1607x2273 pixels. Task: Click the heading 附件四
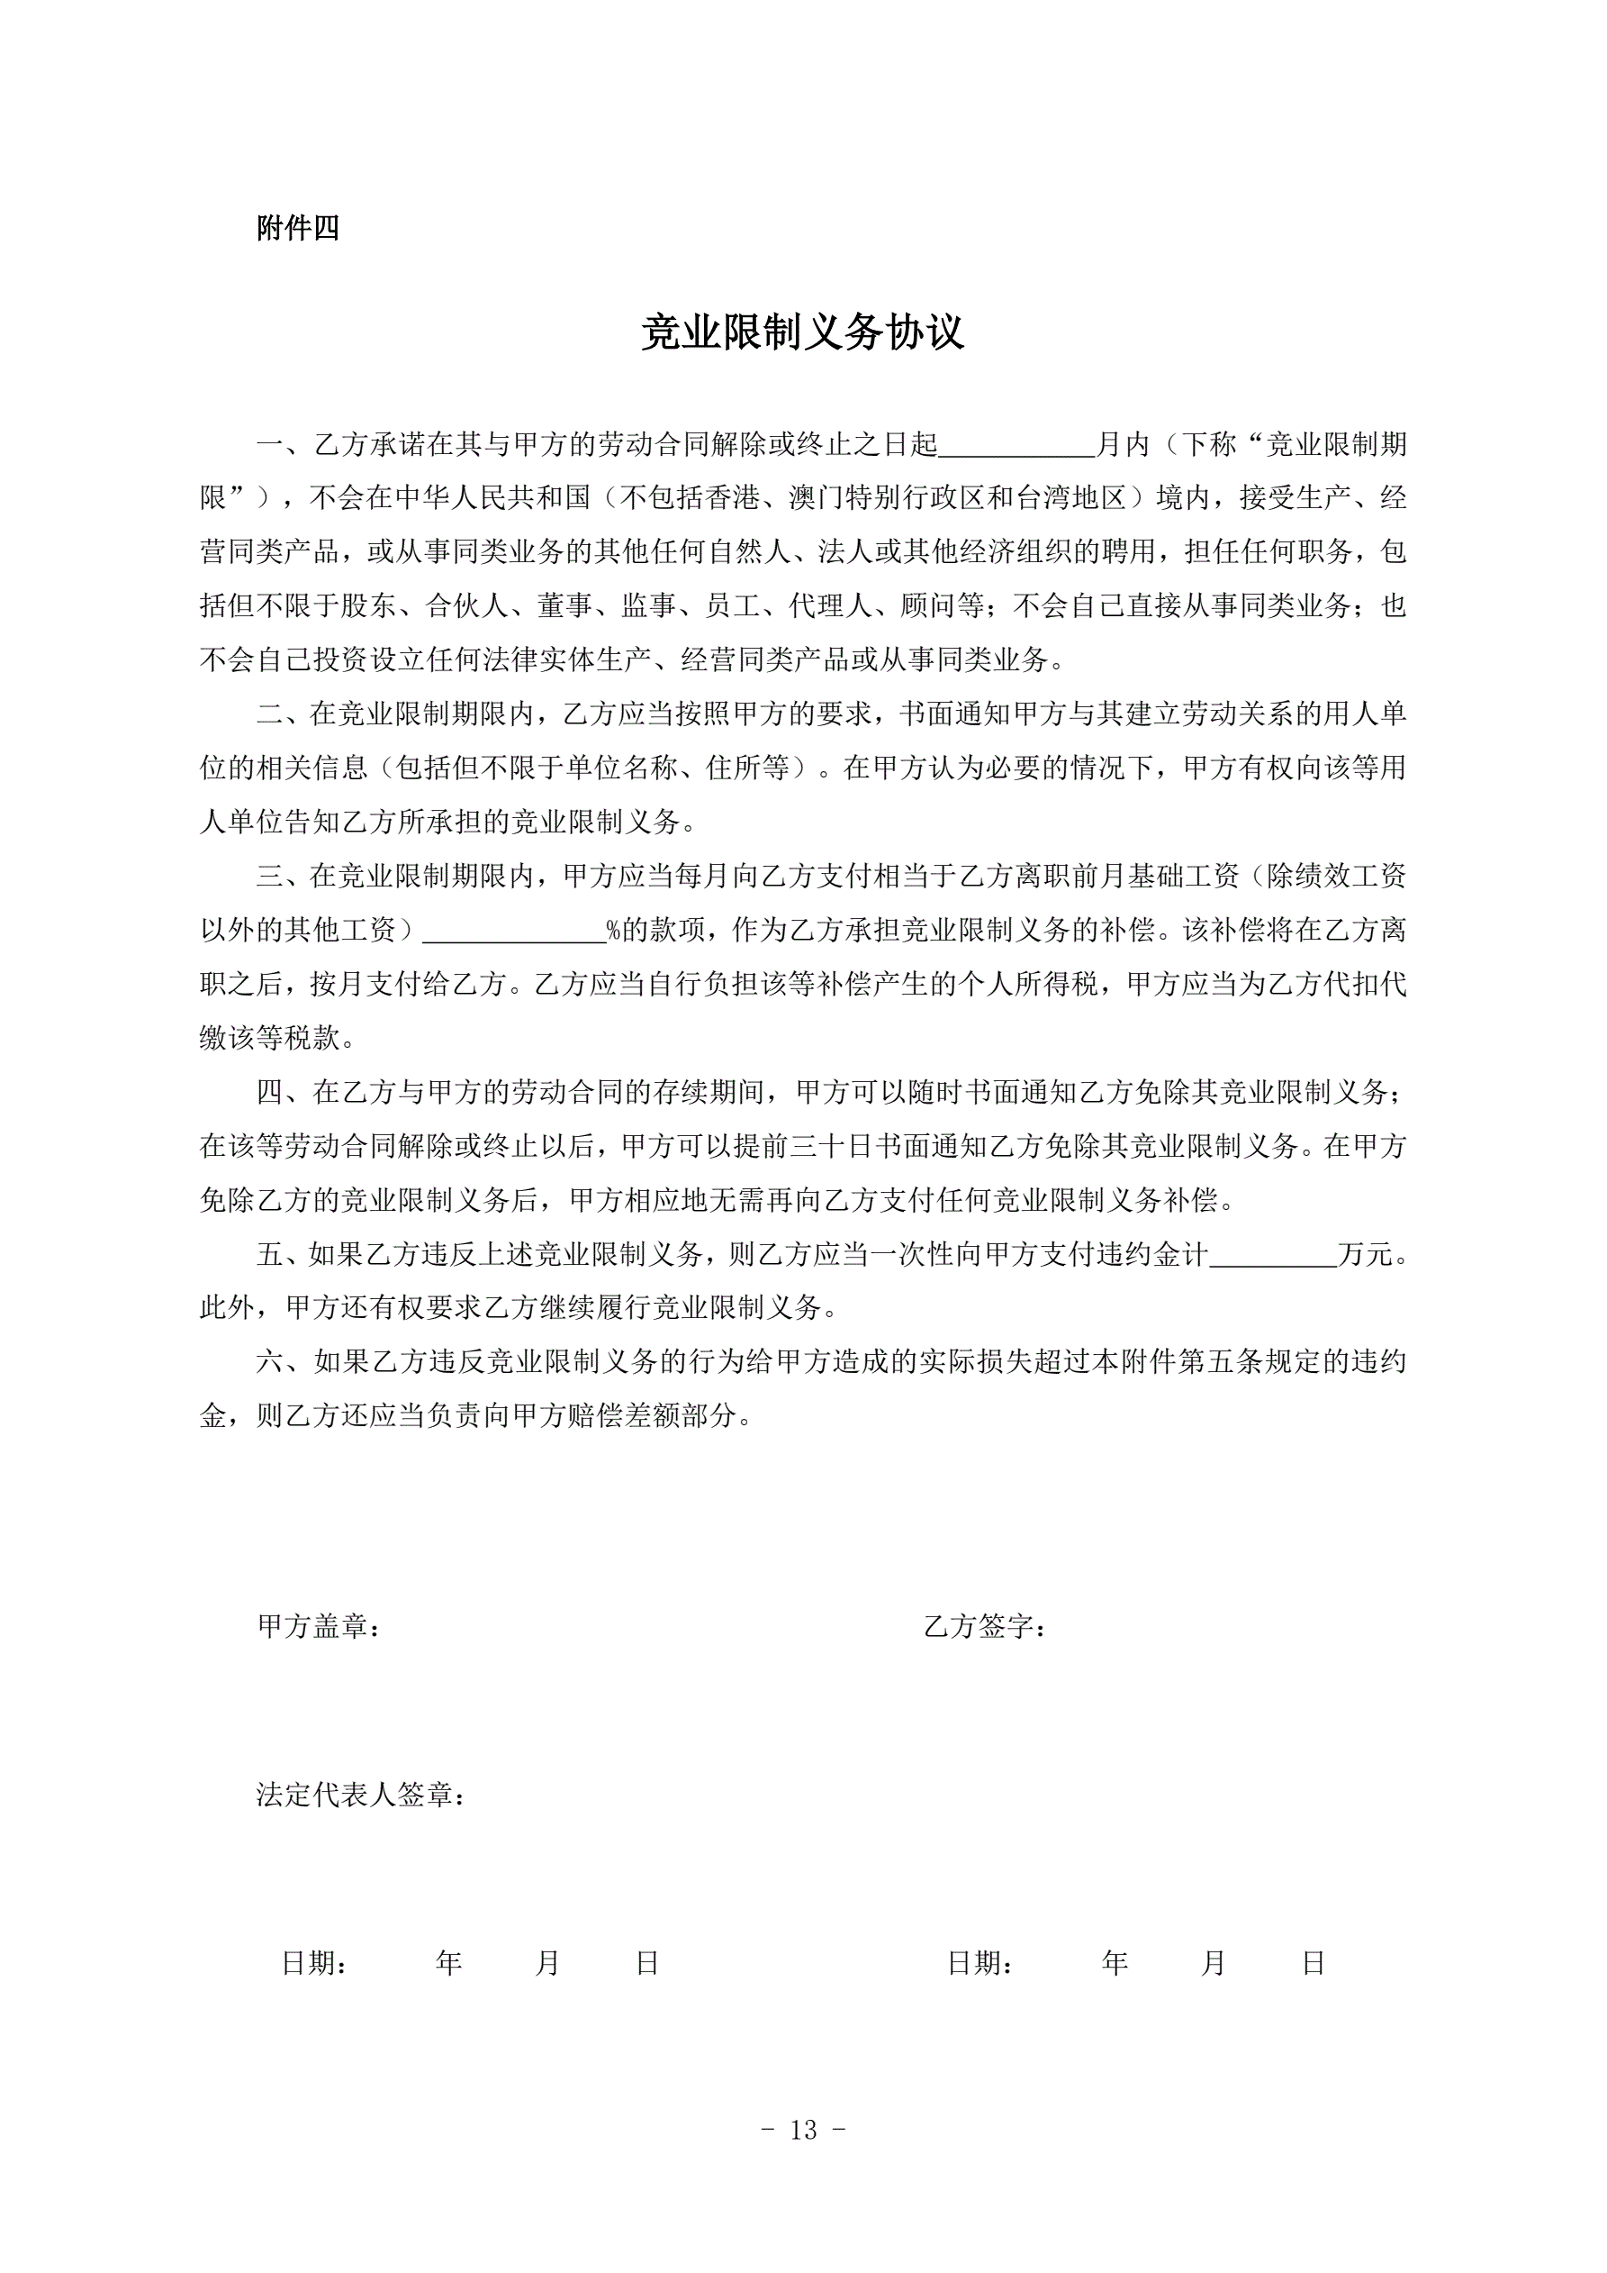(x=298, y=229)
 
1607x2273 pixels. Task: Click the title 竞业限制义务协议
(x=802, y=332)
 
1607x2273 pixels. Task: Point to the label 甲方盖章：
(x=319, y=1626)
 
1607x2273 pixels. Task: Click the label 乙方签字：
(x=985, y=1626)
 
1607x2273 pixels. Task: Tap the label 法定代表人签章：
(x=361, y=1795)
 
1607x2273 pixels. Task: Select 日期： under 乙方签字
(x=980, y=1963)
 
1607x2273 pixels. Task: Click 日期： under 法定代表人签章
(x=313, y=1963)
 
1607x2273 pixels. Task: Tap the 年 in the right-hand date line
(x=1115, y=1963)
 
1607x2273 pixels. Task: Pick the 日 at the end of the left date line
(x=647, y=1963)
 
